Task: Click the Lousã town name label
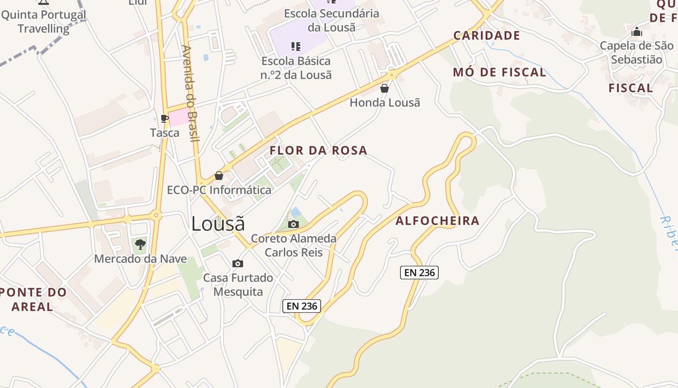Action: (218, 224)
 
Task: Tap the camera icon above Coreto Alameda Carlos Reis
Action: (293, 224)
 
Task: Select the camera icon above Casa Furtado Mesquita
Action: (237, 263)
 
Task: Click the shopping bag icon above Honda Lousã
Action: (385, 88)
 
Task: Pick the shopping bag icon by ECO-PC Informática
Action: (219, 176)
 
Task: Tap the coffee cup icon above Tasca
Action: (164, 118)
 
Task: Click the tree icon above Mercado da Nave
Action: (140, 244)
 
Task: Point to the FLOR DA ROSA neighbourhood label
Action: (318, 150)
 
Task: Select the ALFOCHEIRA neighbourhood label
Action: (437, 221)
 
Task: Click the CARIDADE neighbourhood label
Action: (486, 35)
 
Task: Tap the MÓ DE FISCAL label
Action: (499, 73)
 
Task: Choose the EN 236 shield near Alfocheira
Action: (419, 273)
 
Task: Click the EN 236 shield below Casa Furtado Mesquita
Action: (302, 306)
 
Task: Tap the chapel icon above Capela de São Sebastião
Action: (637, 32)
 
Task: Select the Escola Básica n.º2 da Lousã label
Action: (296, 68)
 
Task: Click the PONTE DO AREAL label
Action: (33, 299)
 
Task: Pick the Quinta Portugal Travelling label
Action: (44, 21)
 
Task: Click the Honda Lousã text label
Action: (385, 103)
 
